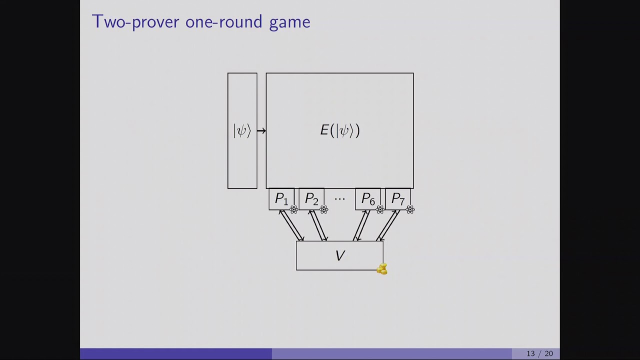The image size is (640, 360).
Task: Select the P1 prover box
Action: (x=281, y=199)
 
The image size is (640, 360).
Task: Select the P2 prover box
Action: (x=311, y=199)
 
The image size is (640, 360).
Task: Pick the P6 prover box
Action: (x=368, y=199)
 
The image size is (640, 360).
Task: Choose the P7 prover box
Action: (x=398, y=199)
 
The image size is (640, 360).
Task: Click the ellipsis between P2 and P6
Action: (x=339, y=199)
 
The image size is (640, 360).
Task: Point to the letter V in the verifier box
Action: (x=340, y=256)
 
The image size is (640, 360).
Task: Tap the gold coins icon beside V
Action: (x=382, y=269)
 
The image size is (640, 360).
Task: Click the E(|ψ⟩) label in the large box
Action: (x=340, y=130)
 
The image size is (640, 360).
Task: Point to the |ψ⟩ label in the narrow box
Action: (x=242, y=130)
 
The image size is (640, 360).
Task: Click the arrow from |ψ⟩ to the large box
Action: (x=261, y=131)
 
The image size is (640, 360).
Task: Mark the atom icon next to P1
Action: (x=294, y=210)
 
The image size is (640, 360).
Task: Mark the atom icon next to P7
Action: (x=410, y=210)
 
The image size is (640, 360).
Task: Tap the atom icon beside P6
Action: (x=380, y=210)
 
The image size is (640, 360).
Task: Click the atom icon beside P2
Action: (x=324, y=210)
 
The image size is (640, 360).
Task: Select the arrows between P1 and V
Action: (x=291, y=225)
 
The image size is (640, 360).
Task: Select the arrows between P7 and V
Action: (x=387, y=225)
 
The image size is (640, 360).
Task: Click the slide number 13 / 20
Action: (x=539, y=353)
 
